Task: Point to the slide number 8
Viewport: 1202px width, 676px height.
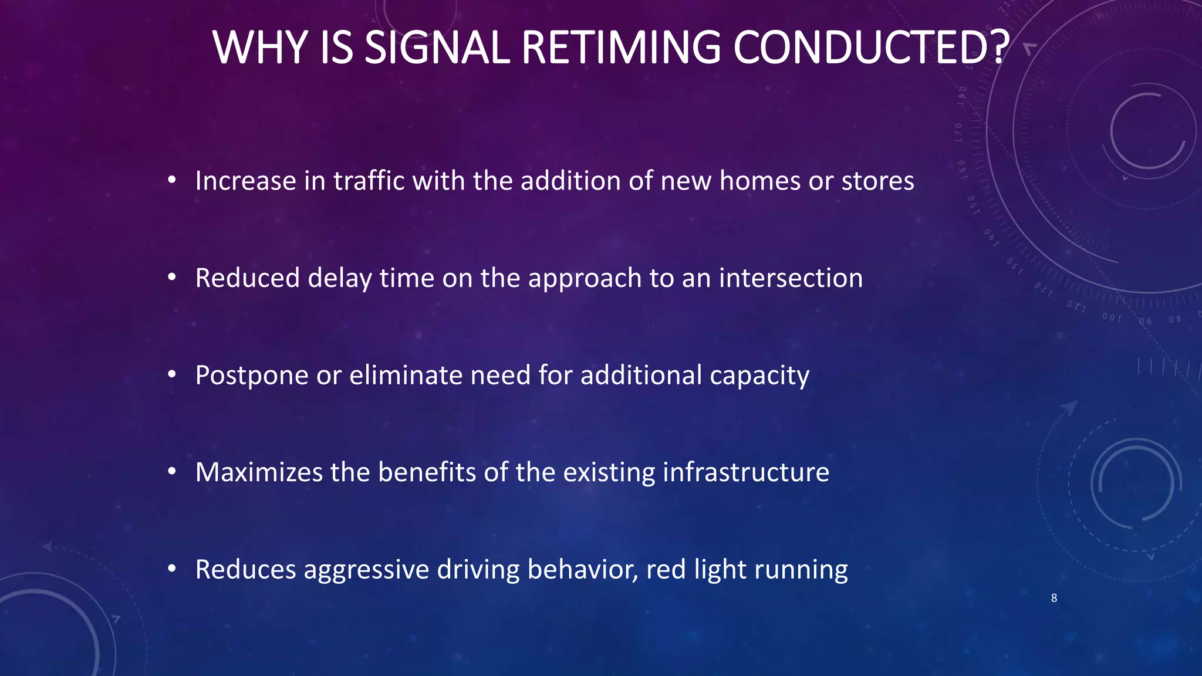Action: (1054, 598)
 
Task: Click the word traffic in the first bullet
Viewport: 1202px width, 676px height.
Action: (369, 181)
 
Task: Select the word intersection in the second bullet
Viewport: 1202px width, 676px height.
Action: (791, 278)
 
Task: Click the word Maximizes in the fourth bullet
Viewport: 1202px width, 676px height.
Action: (259, 472)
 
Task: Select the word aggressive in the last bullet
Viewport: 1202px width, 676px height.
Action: (366, 570)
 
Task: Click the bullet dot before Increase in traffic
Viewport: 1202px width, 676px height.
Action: (171, 180)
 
